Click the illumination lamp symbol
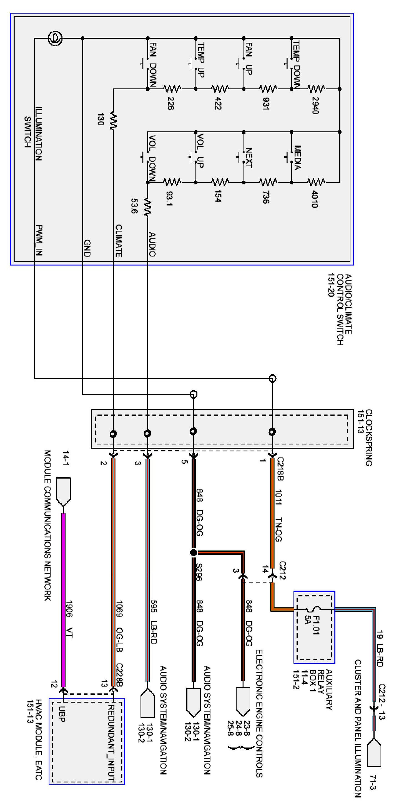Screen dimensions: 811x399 pos(55,39)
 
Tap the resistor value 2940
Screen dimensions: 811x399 pos(315,105)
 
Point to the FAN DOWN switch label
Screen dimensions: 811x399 pos(152,65)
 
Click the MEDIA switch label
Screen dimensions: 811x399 pos(297,157)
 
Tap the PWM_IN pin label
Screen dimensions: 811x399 pos(39,240)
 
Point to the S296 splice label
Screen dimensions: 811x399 pos(199,572)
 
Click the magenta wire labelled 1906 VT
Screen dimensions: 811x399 pos(63,598)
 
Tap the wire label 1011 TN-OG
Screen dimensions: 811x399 pos(278,515)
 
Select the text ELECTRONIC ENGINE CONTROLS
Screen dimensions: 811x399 pos(259,713)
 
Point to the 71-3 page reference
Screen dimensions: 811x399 pos(373,782)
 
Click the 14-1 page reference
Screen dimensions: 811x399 pos(66,458)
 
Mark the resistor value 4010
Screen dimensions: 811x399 pos(314,199)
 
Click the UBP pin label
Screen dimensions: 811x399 pos(62,714)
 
